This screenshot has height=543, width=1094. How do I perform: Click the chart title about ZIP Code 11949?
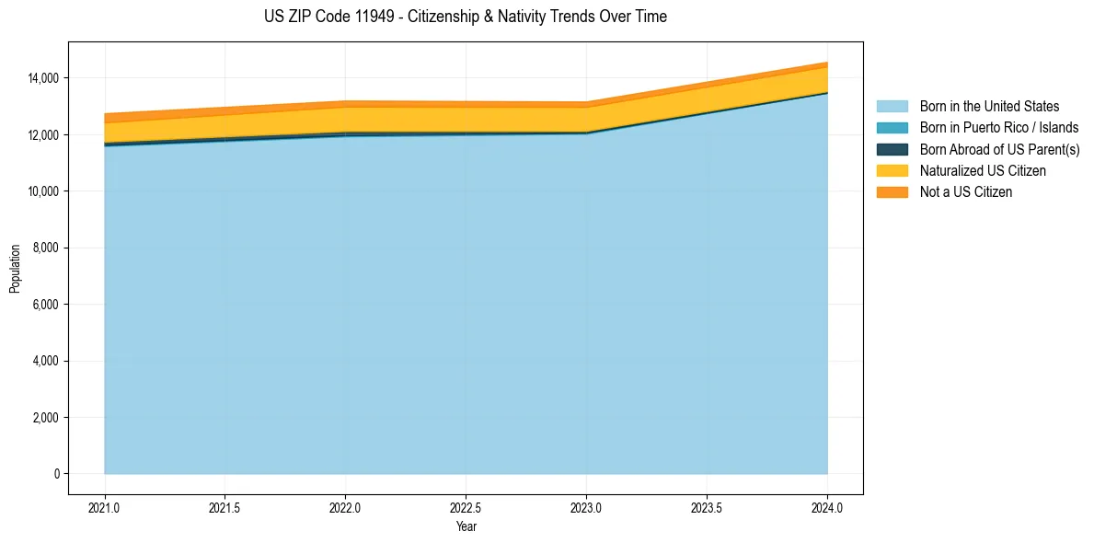coord(465,17)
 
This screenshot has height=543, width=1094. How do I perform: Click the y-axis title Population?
coord(15,269)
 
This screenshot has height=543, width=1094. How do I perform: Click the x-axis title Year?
coord(466,526)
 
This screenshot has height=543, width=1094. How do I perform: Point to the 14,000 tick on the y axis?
coord(42,78)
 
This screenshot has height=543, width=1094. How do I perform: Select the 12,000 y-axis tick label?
coord(42,135)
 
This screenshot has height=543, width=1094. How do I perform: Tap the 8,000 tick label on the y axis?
coord(45,248)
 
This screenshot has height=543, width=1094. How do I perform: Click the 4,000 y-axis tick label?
coord(45,362)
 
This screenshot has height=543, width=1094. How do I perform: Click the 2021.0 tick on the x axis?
coord(105,507)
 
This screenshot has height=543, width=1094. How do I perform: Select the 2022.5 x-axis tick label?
coord(466,507)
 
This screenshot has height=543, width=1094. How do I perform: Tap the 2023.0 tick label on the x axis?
coord(586,507)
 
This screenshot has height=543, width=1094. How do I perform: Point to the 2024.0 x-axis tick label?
coord(827,507)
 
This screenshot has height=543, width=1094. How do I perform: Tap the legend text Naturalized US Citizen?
coord(983,171)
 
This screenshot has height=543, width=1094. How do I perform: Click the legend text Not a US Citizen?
coord(966,192)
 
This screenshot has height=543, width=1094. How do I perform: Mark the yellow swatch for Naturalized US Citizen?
coord(892,171)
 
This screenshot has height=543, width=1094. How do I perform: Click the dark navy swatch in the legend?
coord(892,149)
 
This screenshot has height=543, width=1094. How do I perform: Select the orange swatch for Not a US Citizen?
coord(892,192)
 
